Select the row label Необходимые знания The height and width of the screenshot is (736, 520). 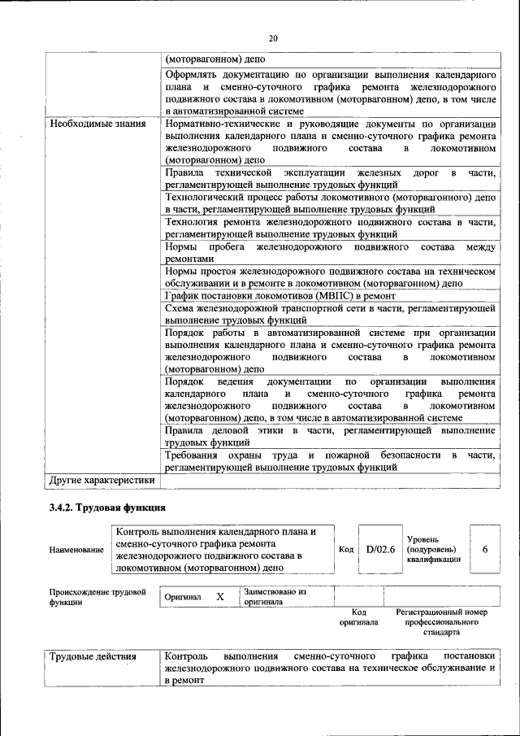tap(97, 124)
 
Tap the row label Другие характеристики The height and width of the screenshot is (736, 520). tap(102, 480)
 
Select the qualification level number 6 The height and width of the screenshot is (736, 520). tap(485, 549)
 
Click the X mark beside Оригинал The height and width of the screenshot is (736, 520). tap(219, 596)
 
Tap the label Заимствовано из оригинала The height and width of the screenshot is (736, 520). tap(275, 597)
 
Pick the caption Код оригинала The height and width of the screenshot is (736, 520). tap(358, 616)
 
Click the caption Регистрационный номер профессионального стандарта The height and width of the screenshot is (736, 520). tap(441, 621)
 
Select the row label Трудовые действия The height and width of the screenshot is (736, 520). tap(92, 655)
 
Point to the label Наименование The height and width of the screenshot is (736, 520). tap(76, 550)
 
